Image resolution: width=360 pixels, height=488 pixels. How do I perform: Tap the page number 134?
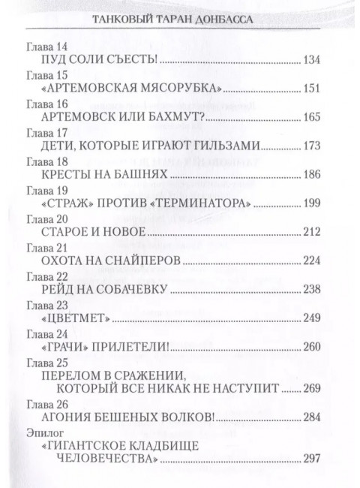[x=311, y=59]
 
